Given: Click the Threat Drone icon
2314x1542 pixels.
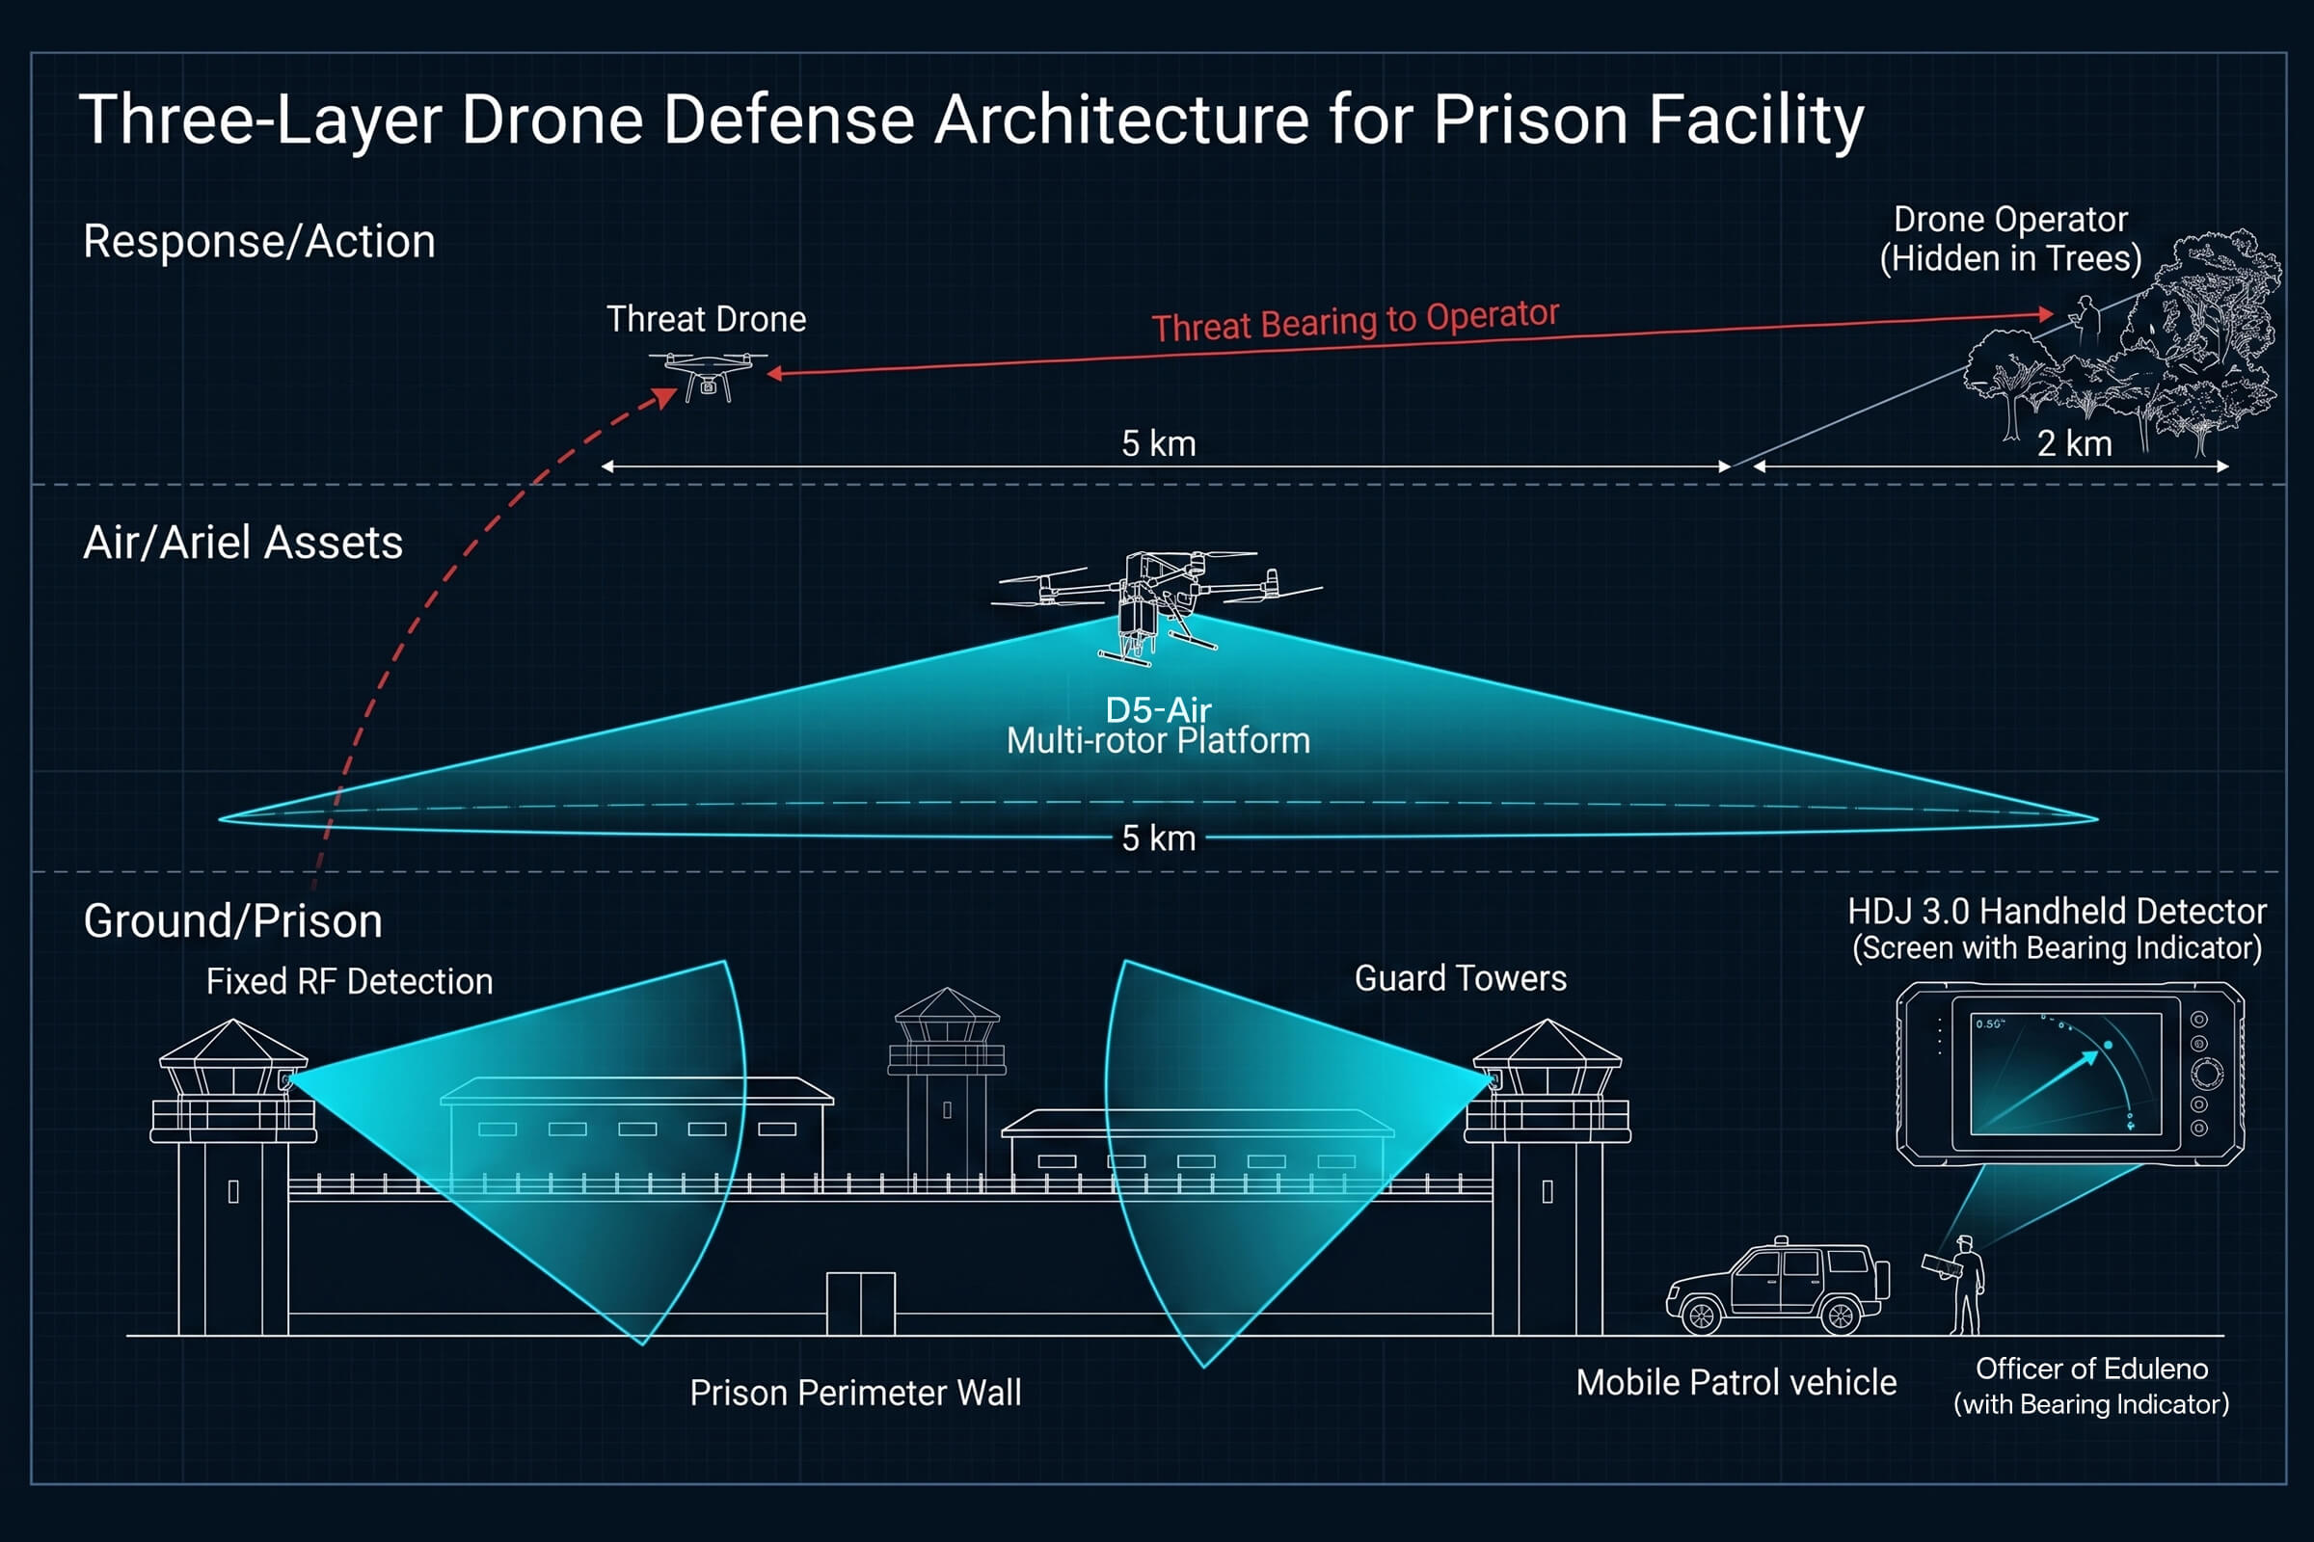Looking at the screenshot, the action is pos(708,377).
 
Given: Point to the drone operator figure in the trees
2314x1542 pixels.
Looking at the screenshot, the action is pos(2085,320).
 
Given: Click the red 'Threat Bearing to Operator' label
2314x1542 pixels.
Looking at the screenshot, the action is pos(1355,320).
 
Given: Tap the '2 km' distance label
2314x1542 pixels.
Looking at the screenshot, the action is pos(2074,443).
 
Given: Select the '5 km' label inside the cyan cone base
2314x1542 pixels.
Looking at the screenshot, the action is pos(1159,837).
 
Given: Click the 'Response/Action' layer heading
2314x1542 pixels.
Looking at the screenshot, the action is pos(258,242).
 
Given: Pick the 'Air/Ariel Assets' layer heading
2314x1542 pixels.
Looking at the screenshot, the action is pos(243,543).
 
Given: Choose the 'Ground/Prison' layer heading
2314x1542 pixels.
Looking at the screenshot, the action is pos(233,921).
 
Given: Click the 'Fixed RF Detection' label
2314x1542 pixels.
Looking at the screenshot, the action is pos(349,981).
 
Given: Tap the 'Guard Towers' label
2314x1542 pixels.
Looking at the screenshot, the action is pos(1460,978).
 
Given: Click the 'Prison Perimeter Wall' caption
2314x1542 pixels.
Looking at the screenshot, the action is pos(855,1393).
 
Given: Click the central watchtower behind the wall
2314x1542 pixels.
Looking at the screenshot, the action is pos(947,1081).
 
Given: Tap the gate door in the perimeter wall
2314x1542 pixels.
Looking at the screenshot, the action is pos(861,1303).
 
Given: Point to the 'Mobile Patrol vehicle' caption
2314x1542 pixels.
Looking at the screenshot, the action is pos(1736,1383).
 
